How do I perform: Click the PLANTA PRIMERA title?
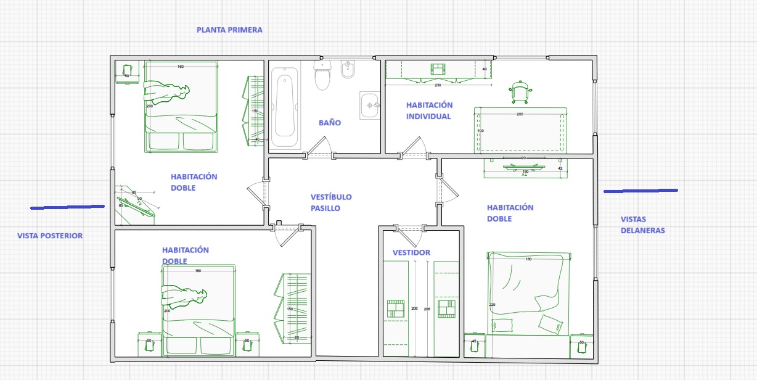229,30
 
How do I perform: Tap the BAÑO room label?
329,123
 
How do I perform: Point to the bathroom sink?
370,105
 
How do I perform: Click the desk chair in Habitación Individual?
521,91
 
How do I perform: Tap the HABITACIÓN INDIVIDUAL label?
429,110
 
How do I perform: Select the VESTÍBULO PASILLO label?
330,202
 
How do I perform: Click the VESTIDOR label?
411,252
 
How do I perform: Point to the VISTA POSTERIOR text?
49,236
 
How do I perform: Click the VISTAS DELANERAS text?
642,225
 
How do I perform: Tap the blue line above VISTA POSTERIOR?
67,207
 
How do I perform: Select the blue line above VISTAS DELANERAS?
640,191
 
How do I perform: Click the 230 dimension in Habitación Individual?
438,85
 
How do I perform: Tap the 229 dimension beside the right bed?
491,304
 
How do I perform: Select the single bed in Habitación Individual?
520,130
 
